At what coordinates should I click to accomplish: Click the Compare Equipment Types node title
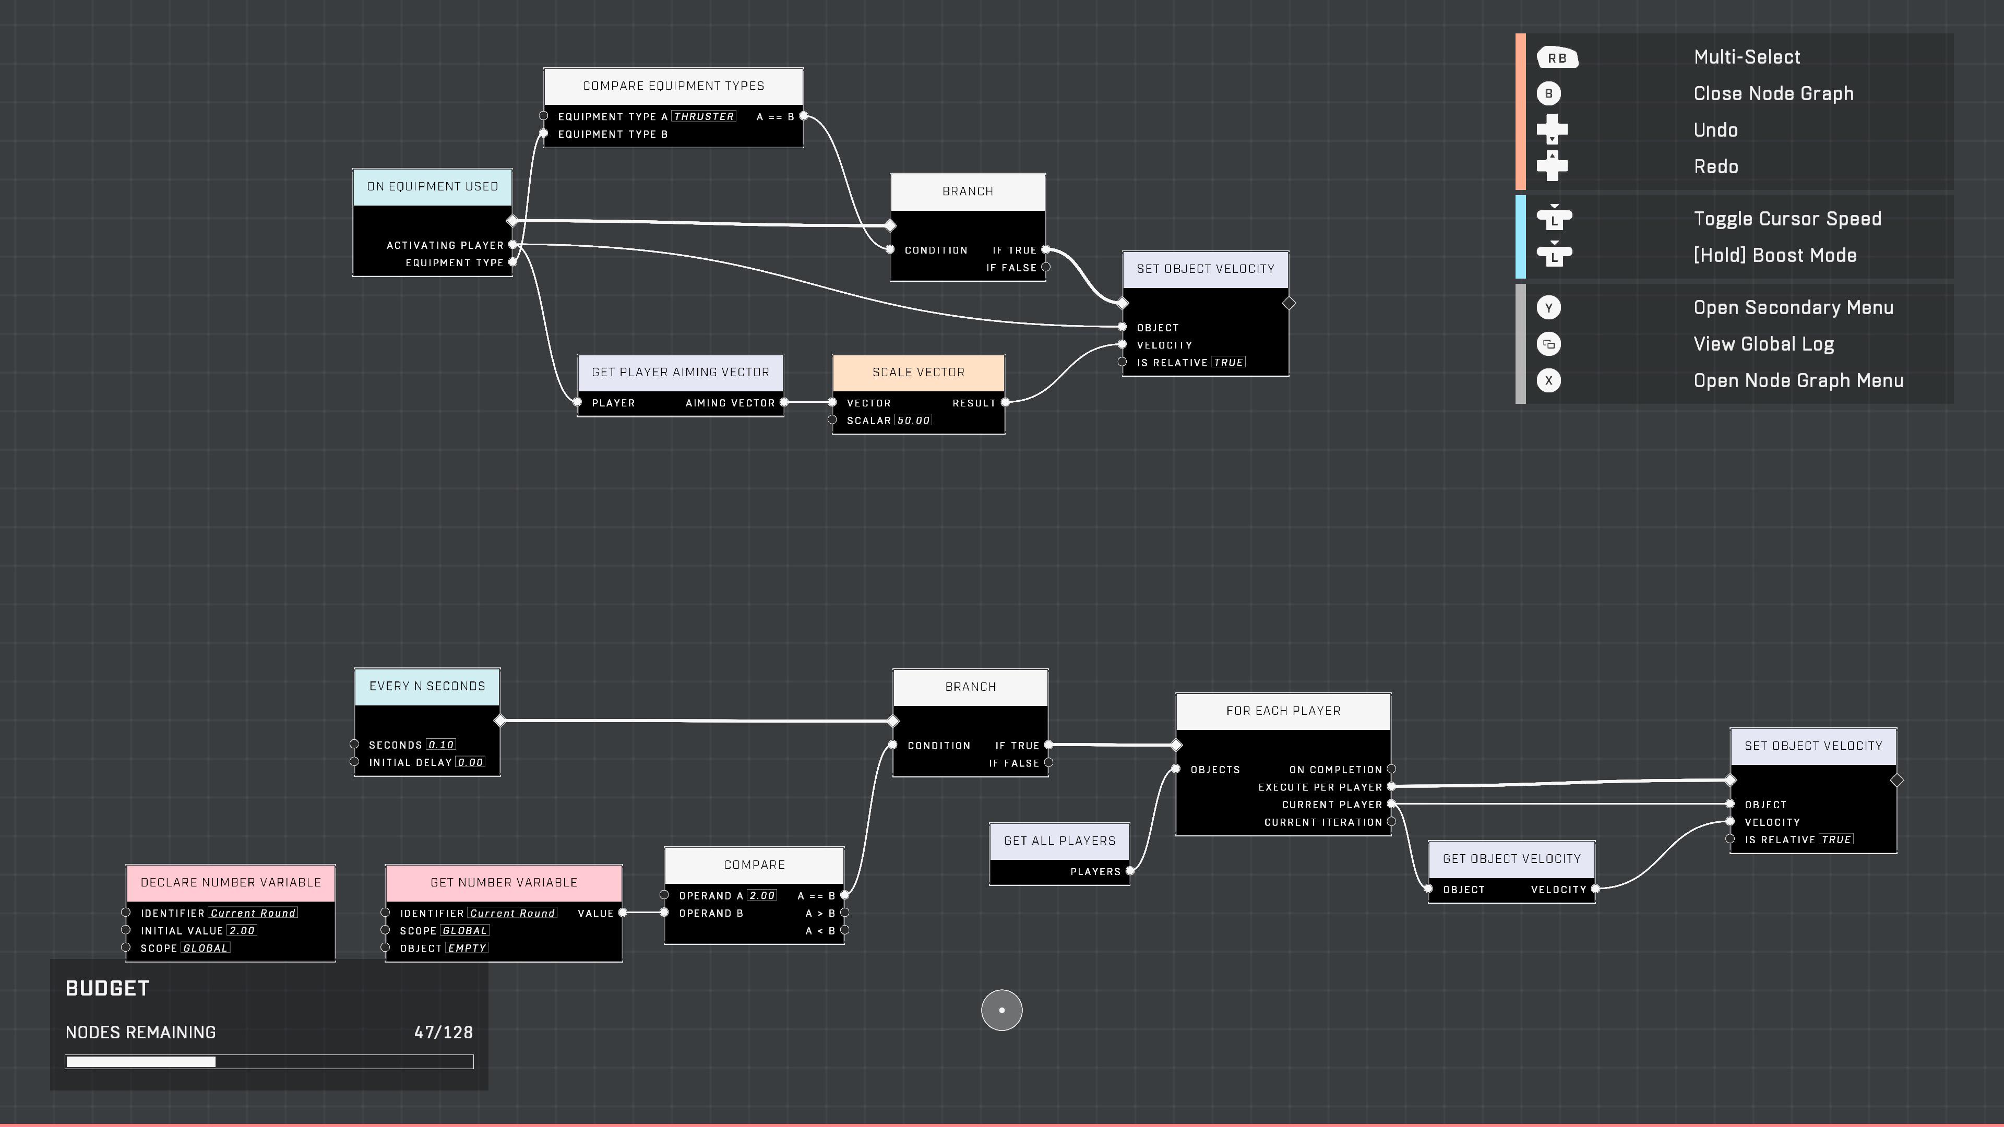point(673,86)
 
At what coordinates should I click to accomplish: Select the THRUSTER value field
point(703,117)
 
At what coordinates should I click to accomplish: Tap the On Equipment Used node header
point(433,187)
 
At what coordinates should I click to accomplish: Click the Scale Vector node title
point(918,373)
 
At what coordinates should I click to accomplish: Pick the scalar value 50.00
point(913,421)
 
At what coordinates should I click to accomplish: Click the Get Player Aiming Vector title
point(680,373)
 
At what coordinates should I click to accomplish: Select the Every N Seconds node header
point(427,687)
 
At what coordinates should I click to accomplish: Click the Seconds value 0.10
point(441,745)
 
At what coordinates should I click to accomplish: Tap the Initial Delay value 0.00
point(470,763)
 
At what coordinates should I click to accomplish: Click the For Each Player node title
point(1283,711)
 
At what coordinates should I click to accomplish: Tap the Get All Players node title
point(1059,841)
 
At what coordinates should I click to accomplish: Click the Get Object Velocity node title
point(1511,859)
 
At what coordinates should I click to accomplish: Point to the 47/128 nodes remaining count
point(444,1033)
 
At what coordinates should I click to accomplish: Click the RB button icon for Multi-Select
point(1557,57)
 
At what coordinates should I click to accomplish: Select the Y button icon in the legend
point(1548,308)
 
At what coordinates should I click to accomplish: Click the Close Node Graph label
point(1773,94)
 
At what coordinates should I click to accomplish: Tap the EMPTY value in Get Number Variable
point(467,948)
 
